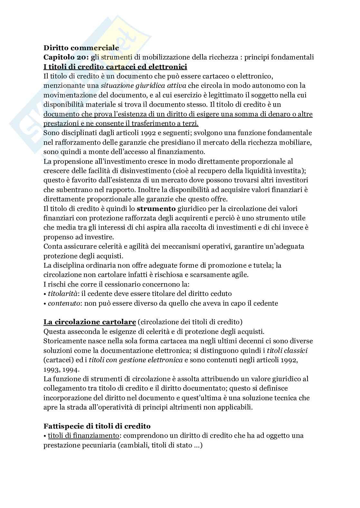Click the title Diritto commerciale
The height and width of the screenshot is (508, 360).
click(x=81, y=48)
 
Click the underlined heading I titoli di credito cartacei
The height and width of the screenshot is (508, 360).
click(x=115, y=67)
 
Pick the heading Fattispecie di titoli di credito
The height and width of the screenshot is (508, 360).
click(x=97, y=426)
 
